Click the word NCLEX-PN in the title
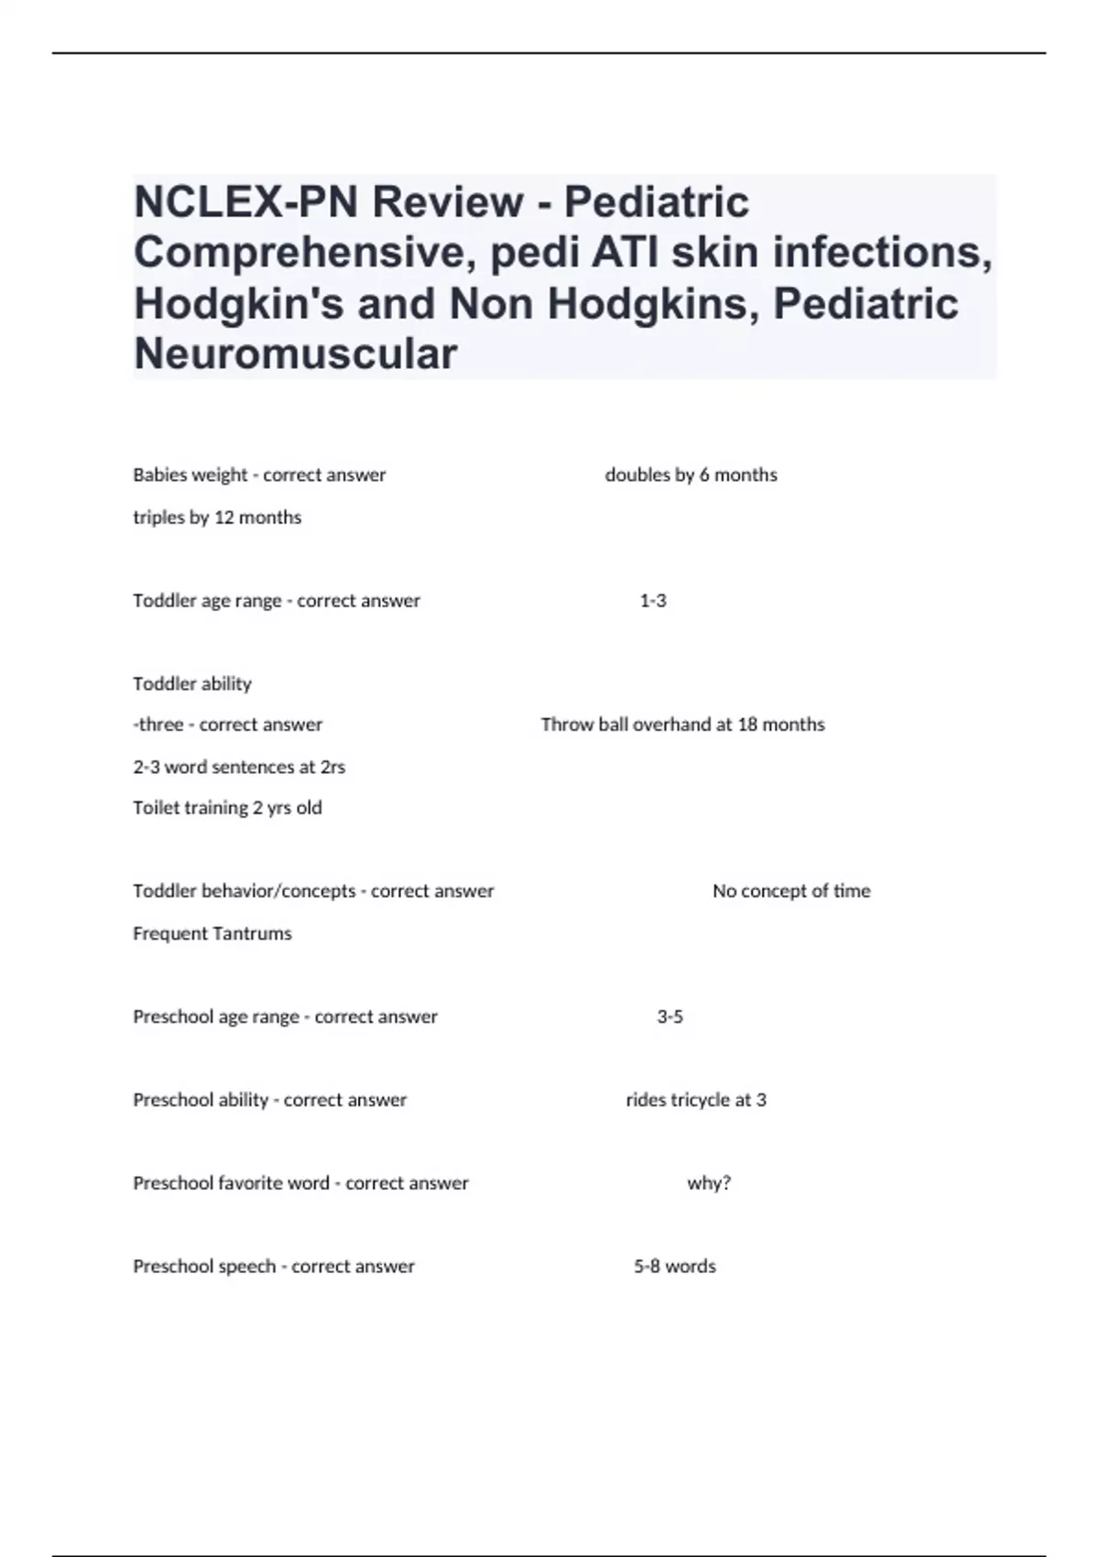tap(246, 202)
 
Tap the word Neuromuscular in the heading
tap(295, 354)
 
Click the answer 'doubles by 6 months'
tap(691, 475)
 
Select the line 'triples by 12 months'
tap(217, 517)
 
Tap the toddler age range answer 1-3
tap(653, 601)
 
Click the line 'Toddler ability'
tap(192, 684)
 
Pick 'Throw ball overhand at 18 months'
tap(682, 724)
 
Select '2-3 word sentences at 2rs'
tap(239, 768)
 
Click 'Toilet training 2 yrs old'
tap(227, 808)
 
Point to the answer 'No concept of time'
tap(791, 891)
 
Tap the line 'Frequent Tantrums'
tap(212, 933)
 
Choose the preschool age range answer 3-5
tap(670, 1017)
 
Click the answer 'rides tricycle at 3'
tap(696, 1100)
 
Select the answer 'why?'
tap(709, 1183)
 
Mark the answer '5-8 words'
tap(675, 1267)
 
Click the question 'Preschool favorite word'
tap(231, 1183)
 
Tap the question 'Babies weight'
tap(190, 475)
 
